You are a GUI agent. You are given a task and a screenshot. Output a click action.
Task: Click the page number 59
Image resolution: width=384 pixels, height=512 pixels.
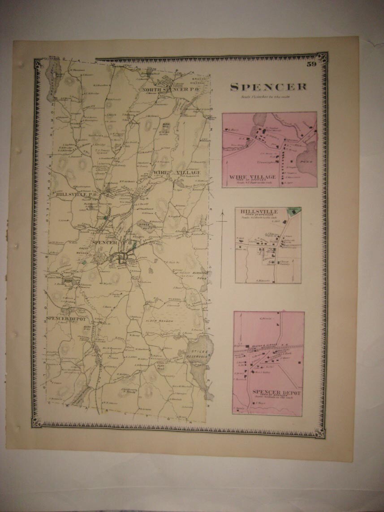tap(312, 64)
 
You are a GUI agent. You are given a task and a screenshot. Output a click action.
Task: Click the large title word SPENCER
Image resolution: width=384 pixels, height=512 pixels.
tap(268, 87)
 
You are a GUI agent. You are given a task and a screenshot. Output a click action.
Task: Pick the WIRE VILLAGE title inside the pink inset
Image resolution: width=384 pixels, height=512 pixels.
tap(252, 177)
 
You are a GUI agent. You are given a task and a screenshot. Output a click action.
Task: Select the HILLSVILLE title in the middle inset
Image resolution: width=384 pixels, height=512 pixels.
tap(259, 211)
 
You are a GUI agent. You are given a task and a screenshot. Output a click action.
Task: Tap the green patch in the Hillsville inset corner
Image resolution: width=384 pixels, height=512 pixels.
tap(295, 211)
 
